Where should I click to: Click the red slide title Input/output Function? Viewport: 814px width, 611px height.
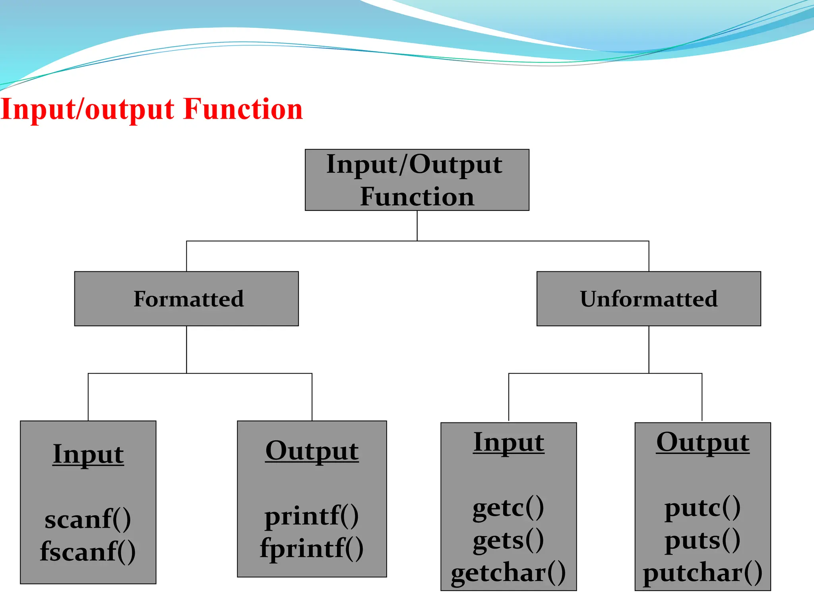point(152,109)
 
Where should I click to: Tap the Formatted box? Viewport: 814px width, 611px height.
point(186,299)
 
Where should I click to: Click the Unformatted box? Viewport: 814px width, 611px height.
point(648,299)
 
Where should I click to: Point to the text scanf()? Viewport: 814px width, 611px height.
point(88,519)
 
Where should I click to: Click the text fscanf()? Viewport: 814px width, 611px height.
point(88,551)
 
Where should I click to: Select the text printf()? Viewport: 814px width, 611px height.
point(312,516)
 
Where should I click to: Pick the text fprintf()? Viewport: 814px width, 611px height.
point(312,548)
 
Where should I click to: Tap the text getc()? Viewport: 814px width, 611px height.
point(508,508)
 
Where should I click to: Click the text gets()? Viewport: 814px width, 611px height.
point(508,540)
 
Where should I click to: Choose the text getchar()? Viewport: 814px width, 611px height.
point(508,573)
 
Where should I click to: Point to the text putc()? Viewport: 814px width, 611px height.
point(702,508)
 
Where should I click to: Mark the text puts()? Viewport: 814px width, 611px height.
point(702,540)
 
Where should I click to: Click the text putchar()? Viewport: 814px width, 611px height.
point(702,573)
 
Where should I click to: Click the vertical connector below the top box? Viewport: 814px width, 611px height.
point(417,226)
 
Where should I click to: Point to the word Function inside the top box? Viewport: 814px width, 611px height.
point(417,197)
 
